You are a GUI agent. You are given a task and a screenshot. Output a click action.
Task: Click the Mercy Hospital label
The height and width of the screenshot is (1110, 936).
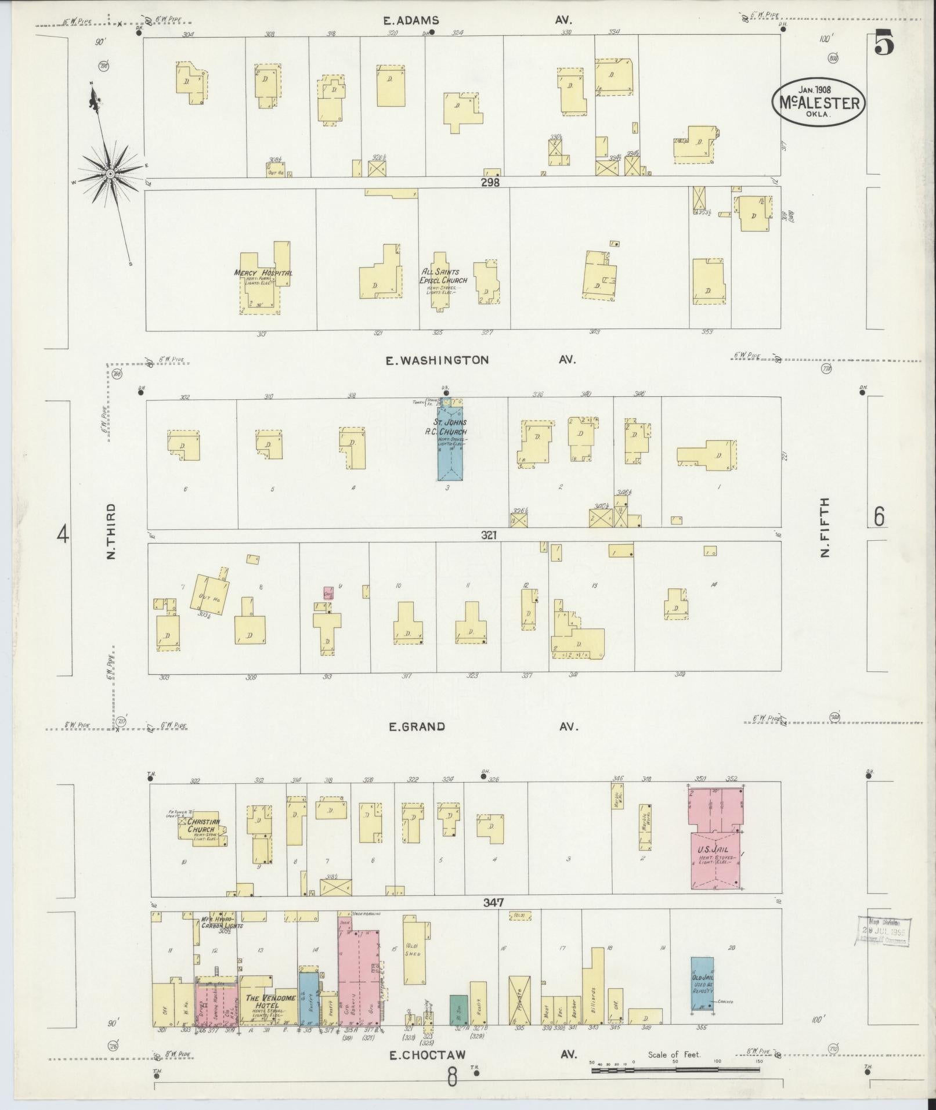pos(262,273)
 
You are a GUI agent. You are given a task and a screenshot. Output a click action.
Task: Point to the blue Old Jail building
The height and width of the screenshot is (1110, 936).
pos(702,984)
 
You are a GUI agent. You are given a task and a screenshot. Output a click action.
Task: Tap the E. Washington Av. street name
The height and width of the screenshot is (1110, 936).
pos(438,360)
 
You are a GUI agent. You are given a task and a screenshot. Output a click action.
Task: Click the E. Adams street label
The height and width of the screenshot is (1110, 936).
pos(410,20)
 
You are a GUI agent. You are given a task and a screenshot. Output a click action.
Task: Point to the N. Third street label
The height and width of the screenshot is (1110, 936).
pos(111,531)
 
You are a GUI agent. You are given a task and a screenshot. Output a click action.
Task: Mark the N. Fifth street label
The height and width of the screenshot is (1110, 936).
pos(825,528)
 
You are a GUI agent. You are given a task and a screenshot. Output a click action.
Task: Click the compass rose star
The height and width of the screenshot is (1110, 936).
pos(110,173)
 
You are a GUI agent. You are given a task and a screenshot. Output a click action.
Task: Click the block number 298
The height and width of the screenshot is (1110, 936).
pos(490,182)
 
